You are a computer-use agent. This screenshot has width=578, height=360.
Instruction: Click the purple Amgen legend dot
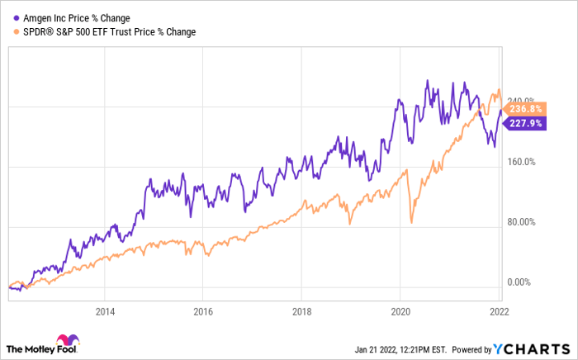click(17, 18)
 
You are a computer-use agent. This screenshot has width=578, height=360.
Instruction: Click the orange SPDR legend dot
click(17, 32)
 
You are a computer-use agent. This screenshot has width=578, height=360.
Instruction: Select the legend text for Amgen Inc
click(77, 18)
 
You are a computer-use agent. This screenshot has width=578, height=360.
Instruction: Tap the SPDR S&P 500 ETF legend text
click(110, 32)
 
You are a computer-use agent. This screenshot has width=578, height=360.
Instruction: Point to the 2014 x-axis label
click(105, 312)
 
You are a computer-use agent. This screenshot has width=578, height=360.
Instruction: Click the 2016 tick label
click(203, 312)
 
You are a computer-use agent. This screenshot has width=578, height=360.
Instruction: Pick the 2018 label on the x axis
click(302, 312)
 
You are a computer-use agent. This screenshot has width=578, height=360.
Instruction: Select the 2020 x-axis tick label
click(400, 312)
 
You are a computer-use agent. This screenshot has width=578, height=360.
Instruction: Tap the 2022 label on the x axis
click(499, 312)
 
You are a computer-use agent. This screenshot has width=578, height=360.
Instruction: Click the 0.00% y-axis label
click(519, 282)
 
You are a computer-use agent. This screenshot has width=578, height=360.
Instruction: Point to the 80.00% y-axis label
click(521, 222)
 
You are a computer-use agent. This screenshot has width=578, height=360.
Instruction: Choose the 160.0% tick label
click(521, 162)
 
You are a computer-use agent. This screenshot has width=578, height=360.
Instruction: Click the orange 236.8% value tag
click(524, 109)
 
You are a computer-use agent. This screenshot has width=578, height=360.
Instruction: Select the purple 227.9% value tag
click(524, 123)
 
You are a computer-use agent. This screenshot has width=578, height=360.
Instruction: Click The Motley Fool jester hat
click(68, 339)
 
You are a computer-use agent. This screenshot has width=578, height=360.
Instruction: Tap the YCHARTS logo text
click(532, 348)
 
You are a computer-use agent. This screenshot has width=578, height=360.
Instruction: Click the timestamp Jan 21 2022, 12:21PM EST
click(400, 349)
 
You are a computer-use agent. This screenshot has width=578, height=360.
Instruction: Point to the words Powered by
click(471, 349)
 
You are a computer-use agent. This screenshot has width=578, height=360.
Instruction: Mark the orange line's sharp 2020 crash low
click(411, 223)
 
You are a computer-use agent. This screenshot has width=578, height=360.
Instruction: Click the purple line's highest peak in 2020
click(428, 80)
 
